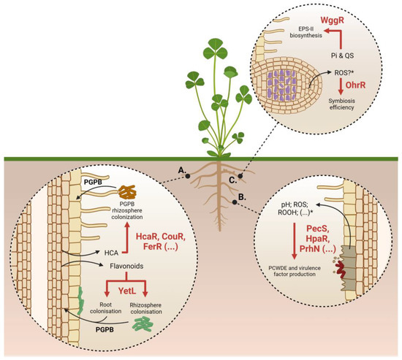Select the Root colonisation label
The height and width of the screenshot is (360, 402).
pos(101,316)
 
